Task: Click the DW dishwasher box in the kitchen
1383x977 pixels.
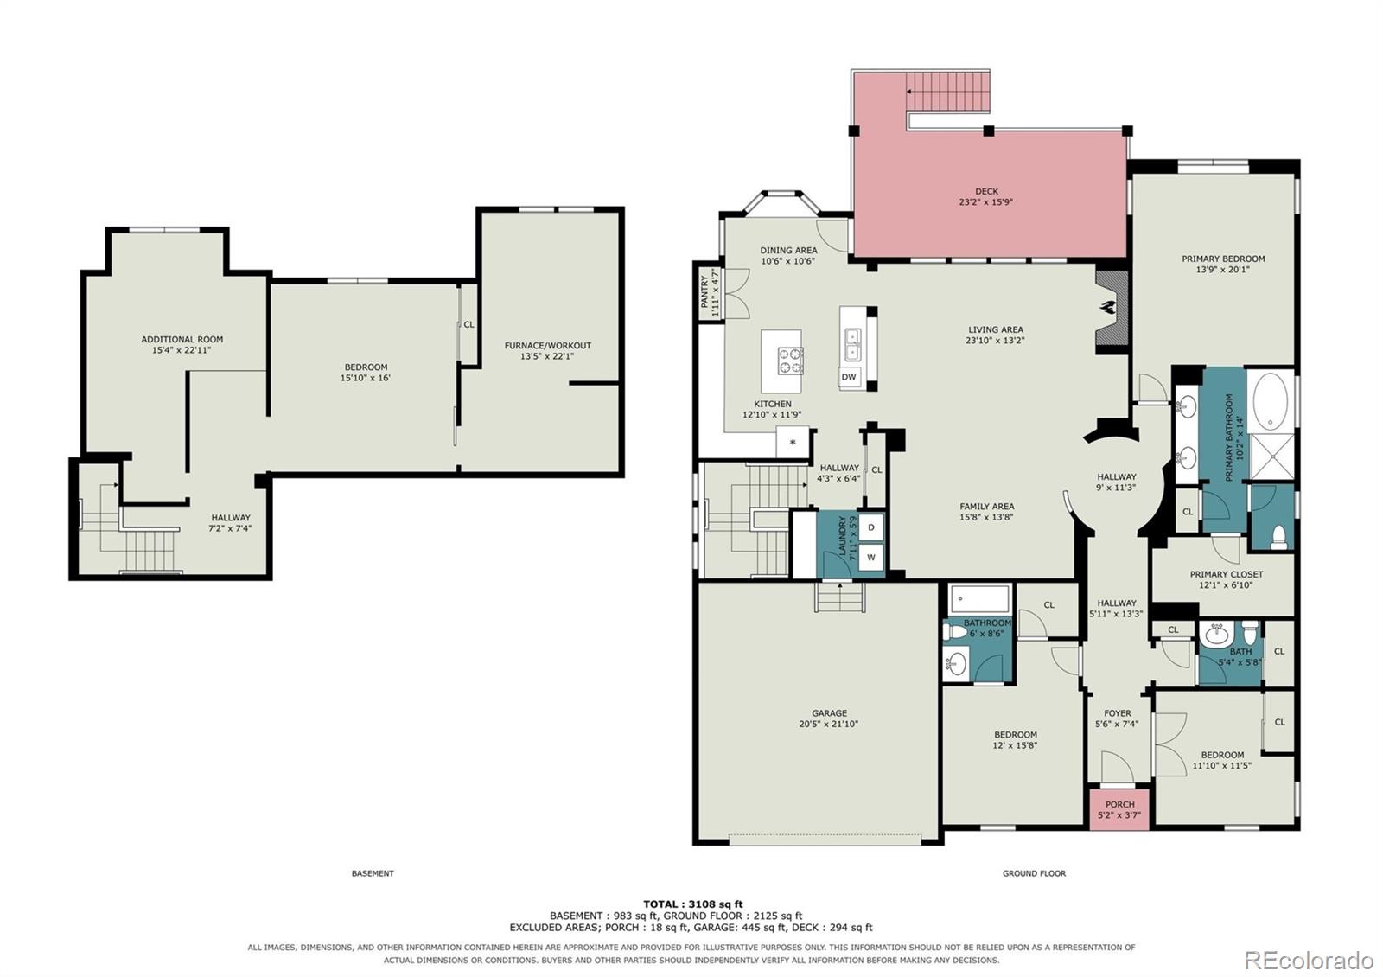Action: (x=849, y=377)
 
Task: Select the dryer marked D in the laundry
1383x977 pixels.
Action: (x=871, y=527)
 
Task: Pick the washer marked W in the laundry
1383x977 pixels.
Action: (x=871, y=557)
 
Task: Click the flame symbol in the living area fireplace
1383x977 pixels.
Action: (x=1110, y=308)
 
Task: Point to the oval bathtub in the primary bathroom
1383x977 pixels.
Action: (x=1271, y=401)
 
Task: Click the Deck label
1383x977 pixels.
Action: (x=986, y=191)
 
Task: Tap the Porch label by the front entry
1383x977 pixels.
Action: (x=1120, y=804)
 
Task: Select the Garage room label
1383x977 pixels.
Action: (x=829, y=713)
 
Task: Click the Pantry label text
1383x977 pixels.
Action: (x=704, y=292)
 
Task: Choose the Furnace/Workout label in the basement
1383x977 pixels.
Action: (x=548, y=346)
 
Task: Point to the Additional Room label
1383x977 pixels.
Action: (x=182, y=340)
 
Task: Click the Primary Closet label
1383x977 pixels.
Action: (x=1227, y=574)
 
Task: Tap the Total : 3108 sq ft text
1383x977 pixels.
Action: (x=692, y=904)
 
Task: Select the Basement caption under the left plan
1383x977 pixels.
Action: (x=373, y=873)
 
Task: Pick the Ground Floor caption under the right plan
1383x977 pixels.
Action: (x=1034, y=873)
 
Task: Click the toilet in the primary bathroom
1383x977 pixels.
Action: (x=1279, y=537)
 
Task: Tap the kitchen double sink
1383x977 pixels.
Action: (x=852, y=344)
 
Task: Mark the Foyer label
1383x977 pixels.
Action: (x=1118, y=713)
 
